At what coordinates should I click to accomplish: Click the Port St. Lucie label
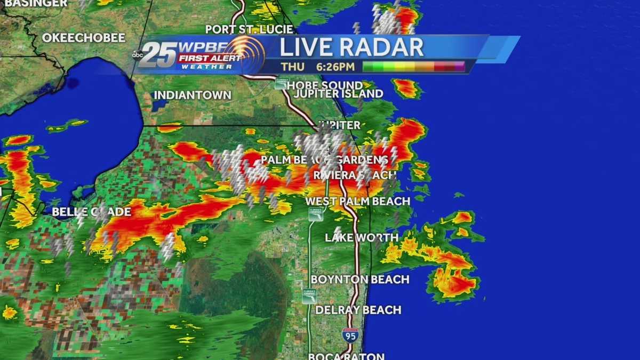(x=250, y=29)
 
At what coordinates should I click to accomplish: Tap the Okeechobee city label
(x=83, y=38)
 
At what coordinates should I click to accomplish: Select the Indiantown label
(x=193, y=95)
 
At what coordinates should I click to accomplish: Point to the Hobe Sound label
(x=325, y=85)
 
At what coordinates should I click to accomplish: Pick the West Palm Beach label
(x=357, y=202)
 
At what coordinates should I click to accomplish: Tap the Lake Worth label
(x=362, y=237)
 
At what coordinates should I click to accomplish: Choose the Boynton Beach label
(x=360, y=279)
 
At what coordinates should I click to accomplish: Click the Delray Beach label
(x=358, y=310)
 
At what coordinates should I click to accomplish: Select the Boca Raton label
(x=346, y=356)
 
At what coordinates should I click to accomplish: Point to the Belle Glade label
(x=91, y=212)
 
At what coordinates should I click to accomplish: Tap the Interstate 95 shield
(x=350, y=335)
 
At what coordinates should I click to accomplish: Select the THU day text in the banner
(x=293, y=67)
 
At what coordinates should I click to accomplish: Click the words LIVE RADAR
(x=351, y=47)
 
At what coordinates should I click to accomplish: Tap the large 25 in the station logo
(x=159, y=54)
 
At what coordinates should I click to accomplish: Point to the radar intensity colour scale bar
(x=413, y=67)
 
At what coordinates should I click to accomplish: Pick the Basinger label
(x=34, y=3)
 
